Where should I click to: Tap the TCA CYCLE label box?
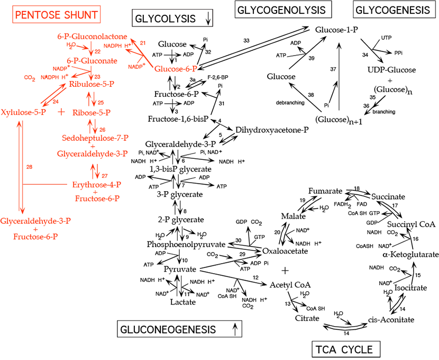(x=342, y=349)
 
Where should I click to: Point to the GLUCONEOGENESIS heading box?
(x=176, y=329)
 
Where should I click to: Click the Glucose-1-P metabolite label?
(x=337, y=30)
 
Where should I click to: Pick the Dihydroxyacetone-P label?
(x=269, y=129)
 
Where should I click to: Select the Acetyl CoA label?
(x=290, y=285)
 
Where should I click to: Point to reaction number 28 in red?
(x=30, y=167)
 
